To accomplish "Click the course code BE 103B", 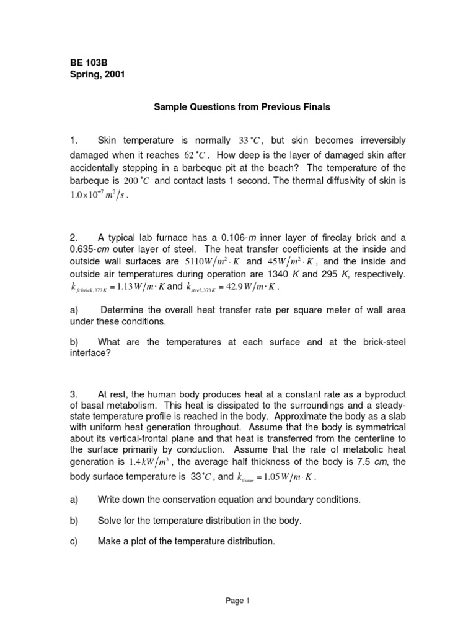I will tap(88, 63).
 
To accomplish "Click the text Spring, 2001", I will tap(96, 75).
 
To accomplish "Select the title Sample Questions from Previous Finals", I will tap(242, 107).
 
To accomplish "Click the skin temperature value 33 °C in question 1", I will tap(252, 141).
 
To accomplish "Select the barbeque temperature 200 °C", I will tap(135, 183).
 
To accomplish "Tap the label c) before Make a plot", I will tap(73, 541).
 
